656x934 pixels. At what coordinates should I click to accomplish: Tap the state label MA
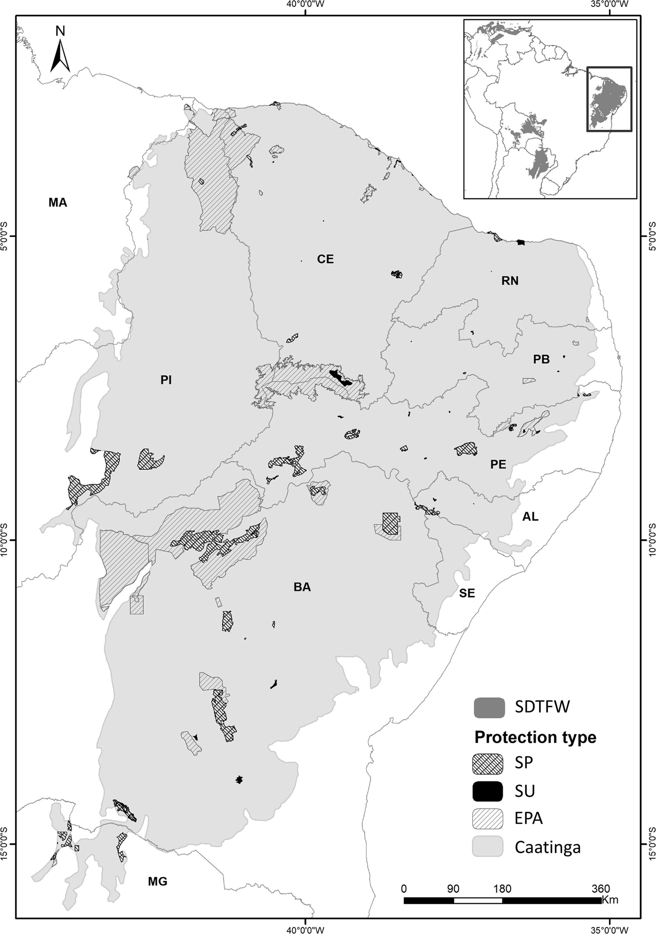coord(58,203)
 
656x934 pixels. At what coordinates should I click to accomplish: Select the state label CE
coord(325,259)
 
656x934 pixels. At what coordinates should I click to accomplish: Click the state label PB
coord(541,359)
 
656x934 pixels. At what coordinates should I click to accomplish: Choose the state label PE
coord(498,464)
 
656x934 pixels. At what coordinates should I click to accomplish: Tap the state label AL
coord(530,517)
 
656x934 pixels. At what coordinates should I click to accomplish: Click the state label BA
coord(302,587)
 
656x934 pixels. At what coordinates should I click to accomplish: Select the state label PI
coord(166,380)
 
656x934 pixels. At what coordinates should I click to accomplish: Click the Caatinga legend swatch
coord(488,847)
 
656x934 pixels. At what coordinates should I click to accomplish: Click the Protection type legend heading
coord(535,737)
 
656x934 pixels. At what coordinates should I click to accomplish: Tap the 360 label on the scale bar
coord(601,874)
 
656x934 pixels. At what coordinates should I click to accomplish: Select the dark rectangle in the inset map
coord(609,99)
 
